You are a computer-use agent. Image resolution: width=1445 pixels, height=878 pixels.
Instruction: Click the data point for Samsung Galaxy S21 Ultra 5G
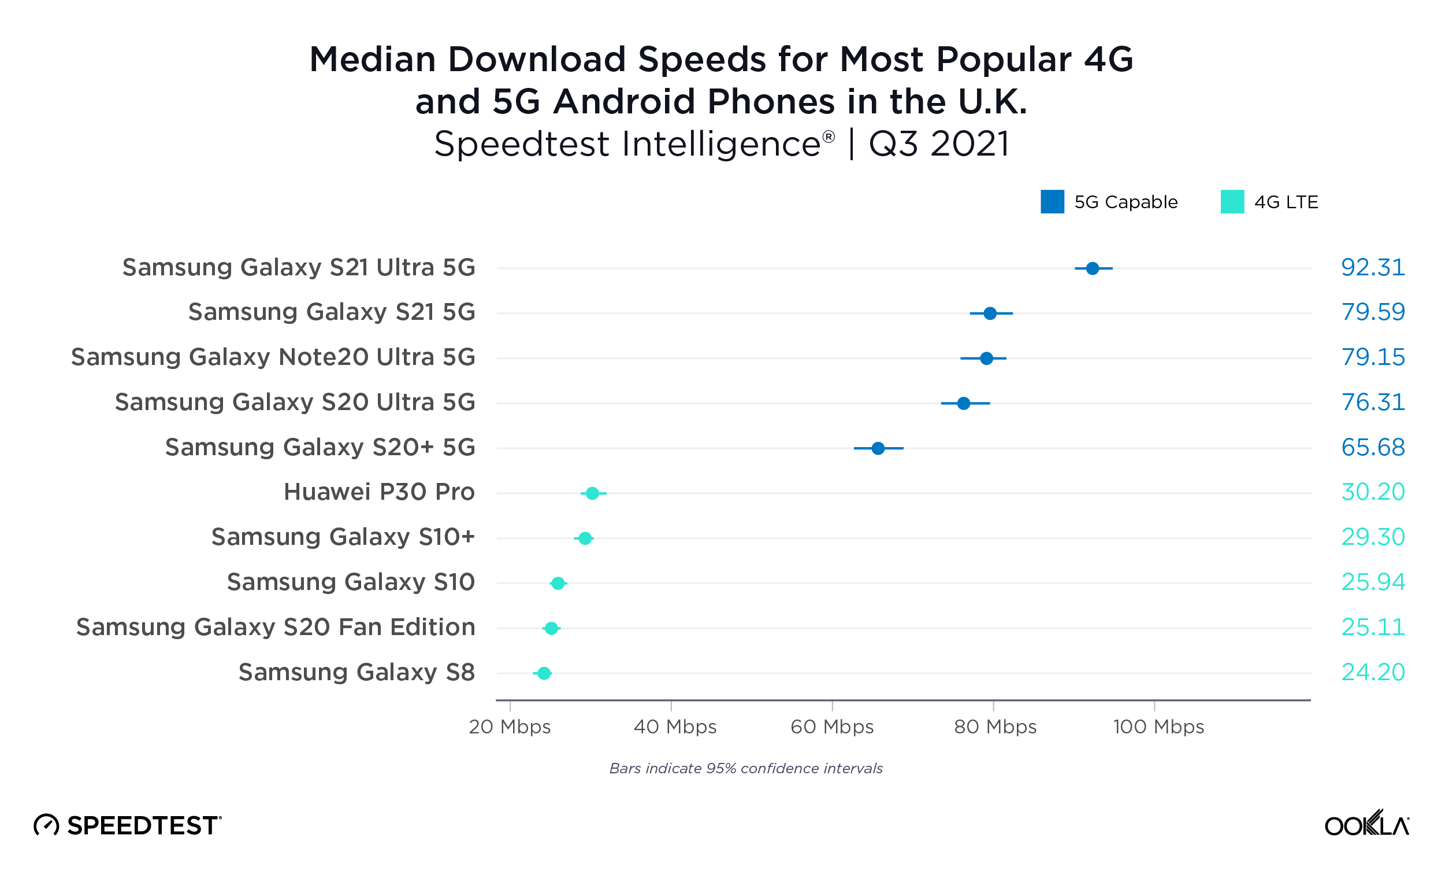(x=1092, y=268)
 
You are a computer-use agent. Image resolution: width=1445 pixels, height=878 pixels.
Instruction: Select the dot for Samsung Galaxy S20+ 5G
(x=878, y=448)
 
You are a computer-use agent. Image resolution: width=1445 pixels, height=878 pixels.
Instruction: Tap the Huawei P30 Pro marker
(x=592, y=493)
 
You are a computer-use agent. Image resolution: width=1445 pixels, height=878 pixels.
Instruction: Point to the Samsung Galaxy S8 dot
(x=544, y=673)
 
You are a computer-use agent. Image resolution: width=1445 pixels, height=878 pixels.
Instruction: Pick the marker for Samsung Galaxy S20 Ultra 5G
(x=964, y=403)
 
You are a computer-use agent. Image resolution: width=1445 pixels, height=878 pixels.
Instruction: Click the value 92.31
(x=1372, y=268)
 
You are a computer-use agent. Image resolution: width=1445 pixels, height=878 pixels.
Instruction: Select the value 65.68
(x=1372, y=448)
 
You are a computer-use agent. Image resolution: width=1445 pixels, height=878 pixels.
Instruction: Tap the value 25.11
(x=1372, y=628)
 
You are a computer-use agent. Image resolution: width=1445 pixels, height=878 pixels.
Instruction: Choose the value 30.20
(x=1372, y=492)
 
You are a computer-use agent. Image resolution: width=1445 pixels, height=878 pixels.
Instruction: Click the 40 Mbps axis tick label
(x=675, y=726)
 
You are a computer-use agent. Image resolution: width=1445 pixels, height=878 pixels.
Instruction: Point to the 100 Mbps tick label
(x=1158, y=726)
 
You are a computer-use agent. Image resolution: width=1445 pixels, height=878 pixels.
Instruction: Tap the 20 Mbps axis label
(x=510, y=726)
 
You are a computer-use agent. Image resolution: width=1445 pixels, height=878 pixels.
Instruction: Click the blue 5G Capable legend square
(x=1052, y=202)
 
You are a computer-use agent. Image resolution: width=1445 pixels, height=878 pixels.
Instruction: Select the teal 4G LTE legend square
(x=1232, y=202)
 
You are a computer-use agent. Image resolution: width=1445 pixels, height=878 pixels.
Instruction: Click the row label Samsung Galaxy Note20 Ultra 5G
(x=273, y=357)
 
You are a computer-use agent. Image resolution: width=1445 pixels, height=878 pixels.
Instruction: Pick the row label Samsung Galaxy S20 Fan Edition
(x=276, y=628)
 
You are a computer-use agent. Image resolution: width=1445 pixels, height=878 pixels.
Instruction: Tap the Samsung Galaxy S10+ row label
(x=343, y=537)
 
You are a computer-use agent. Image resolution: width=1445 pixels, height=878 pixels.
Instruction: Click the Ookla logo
(x=1366, y=824)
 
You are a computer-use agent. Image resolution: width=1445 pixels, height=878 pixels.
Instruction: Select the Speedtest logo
(x=127, y=825)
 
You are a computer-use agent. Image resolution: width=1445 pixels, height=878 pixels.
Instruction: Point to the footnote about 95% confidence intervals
(x=745, y=768)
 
